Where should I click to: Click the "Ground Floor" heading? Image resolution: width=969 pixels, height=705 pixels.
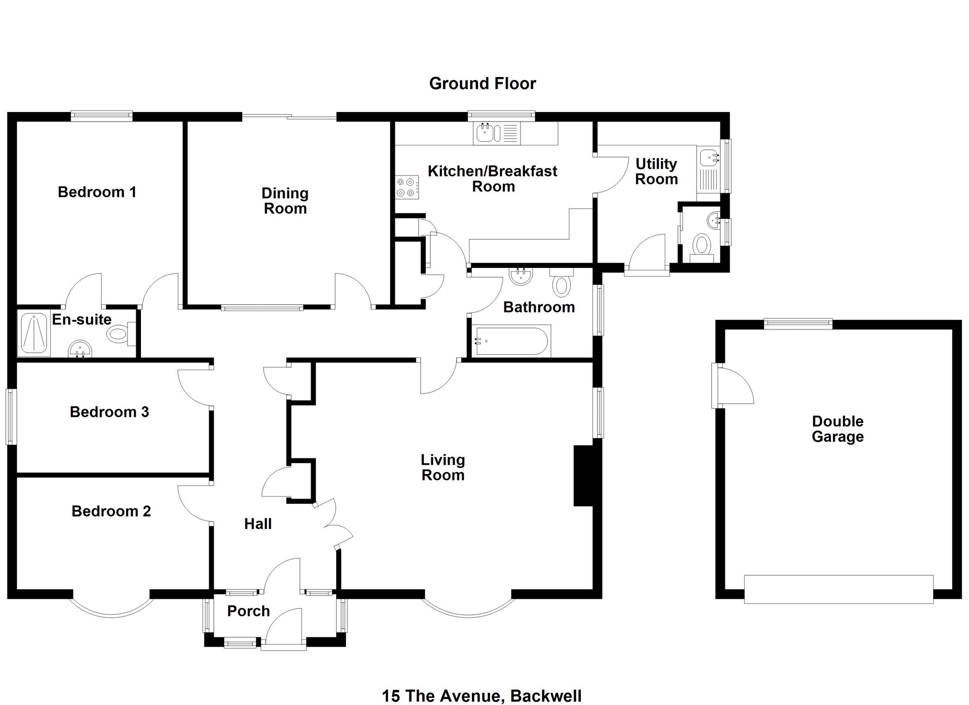coord(483,83)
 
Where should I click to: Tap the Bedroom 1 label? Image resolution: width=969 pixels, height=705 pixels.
coord(97,192)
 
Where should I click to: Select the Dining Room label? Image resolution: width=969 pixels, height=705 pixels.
coord(285,201)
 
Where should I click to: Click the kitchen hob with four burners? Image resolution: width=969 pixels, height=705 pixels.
coord(406,188)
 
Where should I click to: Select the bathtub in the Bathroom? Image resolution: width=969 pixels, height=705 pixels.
coord(511,342)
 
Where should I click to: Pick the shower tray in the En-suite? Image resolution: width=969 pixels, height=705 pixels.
coord(34,333)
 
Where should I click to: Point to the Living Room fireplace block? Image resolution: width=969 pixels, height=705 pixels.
coord(584,476)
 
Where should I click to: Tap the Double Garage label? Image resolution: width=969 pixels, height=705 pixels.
coord(838,429)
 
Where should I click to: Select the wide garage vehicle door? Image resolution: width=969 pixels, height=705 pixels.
coord(839,589)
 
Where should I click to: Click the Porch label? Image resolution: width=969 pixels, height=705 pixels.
coord(249,611)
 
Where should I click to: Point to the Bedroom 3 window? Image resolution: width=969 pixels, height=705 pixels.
coord(11,416)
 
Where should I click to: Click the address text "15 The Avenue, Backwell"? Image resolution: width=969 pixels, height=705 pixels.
coord(482,696)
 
